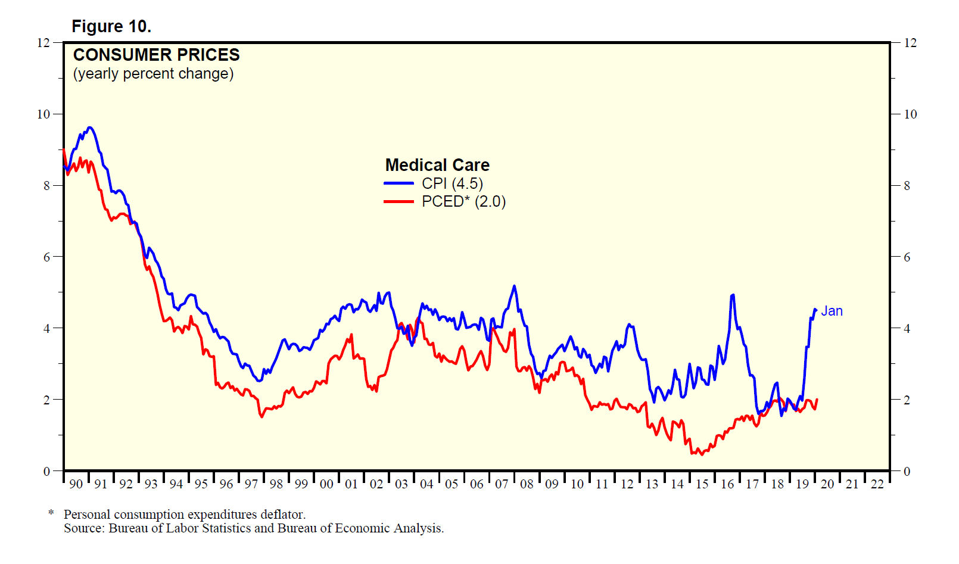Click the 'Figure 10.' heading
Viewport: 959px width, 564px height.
pos(111,26)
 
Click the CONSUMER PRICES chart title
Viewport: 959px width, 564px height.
pos(156,55)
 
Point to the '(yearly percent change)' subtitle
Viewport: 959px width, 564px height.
pos(153,73)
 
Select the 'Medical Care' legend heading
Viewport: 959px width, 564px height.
pos(437,165)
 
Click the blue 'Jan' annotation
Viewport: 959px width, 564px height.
pos(832,311)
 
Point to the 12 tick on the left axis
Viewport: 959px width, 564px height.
pos(43,43)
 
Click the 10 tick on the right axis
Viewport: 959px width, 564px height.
pos(910,114)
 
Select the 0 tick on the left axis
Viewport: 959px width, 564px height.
pos(46,471)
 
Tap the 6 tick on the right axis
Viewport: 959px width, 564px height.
pos(907,257)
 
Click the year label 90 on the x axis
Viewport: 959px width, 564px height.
pos(76,484)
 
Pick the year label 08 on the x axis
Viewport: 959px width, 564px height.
pos(527,484)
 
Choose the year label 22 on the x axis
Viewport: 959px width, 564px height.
pos(877,484)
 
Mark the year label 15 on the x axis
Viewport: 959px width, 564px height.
pos(702,484)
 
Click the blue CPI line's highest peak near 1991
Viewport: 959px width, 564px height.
pos(89,127)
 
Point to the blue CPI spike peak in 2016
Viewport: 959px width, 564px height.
pos(732,295)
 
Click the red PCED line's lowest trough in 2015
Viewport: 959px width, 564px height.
pos(702,454)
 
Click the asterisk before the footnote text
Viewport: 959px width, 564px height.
pos(51,513)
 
